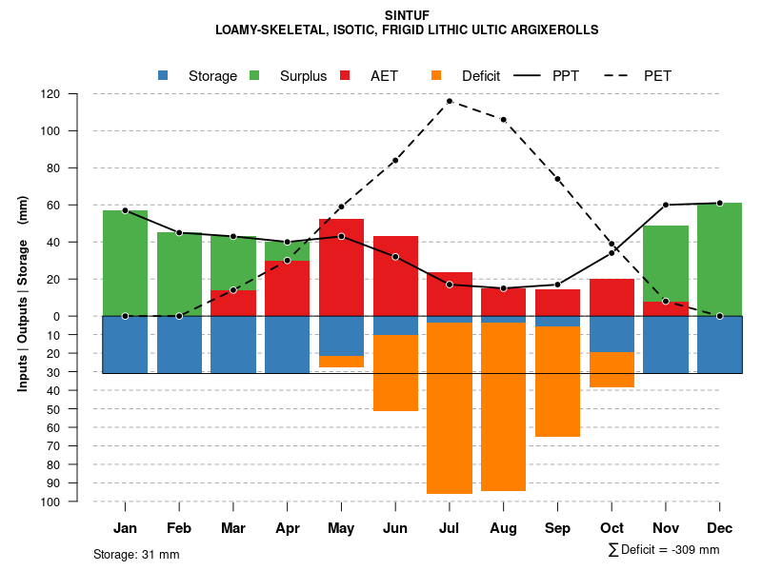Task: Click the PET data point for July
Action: pos(450,101)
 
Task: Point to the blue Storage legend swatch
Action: pos(163,75)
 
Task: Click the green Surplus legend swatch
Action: pos(254,75)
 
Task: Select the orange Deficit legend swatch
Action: pos(436,75)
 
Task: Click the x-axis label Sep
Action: pos(558,528)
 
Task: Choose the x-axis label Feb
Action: pos(179,528)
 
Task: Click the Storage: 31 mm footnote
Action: pos(136,554)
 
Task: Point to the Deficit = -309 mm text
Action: pos(670,549)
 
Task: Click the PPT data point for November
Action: pos(666,205)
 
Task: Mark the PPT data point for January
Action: pos(125,210)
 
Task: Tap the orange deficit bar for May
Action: pos(341,362)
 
